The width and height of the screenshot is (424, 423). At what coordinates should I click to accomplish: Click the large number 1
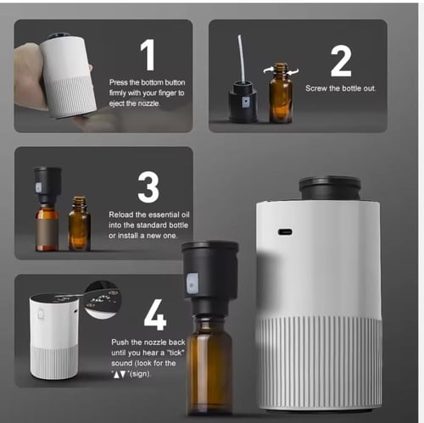148,54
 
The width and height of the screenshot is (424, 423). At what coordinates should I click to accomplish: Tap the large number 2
341,62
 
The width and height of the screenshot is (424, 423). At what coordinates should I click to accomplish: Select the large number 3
148,186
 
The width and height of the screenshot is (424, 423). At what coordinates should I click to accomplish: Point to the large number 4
155,314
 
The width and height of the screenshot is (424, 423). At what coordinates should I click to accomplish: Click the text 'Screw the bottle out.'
341,88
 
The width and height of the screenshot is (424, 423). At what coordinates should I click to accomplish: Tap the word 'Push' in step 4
121,342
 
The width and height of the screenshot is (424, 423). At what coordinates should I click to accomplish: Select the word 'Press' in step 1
121,82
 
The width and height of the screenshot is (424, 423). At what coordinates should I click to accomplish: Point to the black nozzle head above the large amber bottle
209,270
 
